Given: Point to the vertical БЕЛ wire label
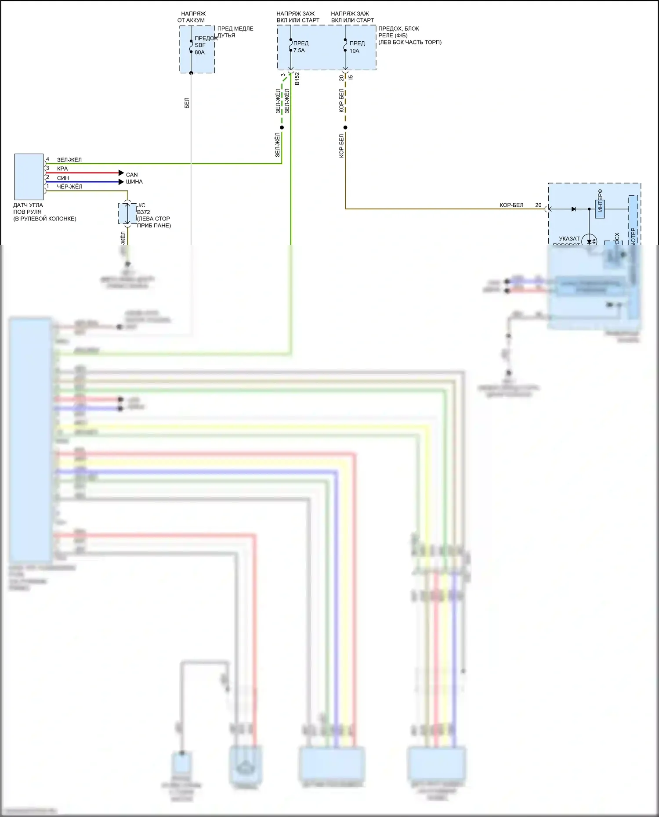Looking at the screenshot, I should coord(187,103).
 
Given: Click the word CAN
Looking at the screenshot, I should coord(132,175).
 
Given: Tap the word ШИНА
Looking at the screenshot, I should coord(134,182).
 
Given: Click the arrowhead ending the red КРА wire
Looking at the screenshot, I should coord(121,173).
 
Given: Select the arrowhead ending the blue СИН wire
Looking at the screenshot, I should coord(121,182).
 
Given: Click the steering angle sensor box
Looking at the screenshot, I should coord(29,177).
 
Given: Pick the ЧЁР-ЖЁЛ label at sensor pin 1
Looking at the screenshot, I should coord(69,187).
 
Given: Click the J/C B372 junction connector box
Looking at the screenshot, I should coord(127,214).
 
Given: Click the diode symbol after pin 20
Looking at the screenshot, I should coord(573,209).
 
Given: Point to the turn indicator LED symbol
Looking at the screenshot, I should coord(589,241).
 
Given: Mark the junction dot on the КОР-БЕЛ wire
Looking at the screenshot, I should coord(345,128).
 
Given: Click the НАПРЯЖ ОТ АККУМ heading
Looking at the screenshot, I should coord(192,17).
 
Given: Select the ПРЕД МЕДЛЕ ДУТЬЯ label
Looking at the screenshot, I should coord(235,32).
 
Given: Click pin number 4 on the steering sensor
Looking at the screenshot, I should coord(48,159).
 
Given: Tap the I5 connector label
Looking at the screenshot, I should coord(351,77).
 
